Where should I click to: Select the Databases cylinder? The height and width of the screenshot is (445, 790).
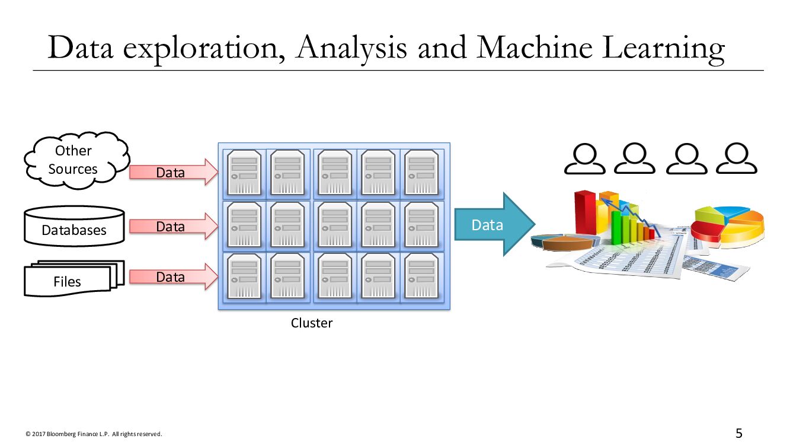pyautogui.click(x=74, y=227)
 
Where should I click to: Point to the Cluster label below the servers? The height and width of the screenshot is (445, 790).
pyautogui.click(x=312, y=323)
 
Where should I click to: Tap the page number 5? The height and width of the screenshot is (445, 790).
pyautogui.click(x=739, y=433)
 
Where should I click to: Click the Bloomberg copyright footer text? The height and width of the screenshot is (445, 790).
pyautogui.click(x=93, y=434)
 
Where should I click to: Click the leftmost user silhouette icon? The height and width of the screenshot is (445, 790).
pyautogui.click(x=584, y=159)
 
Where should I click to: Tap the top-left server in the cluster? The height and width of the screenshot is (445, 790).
pyautogui.click(x=245, y=172)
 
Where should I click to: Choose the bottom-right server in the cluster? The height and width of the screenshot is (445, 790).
pyautogui.click(x=421, y=276)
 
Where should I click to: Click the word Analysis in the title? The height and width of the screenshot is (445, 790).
pyautogui.click(x=352, y=47)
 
